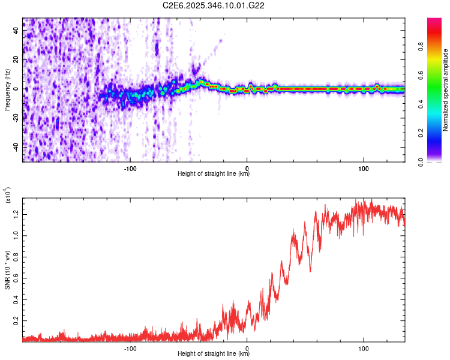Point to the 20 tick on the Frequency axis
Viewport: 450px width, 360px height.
(x=16, y=60)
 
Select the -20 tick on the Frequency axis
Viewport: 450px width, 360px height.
(x=16, y=118)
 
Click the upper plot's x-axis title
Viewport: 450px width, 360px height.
(x=214, y=174)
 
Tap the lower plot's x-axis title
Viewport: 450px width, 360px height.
(x=214, y=354)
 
